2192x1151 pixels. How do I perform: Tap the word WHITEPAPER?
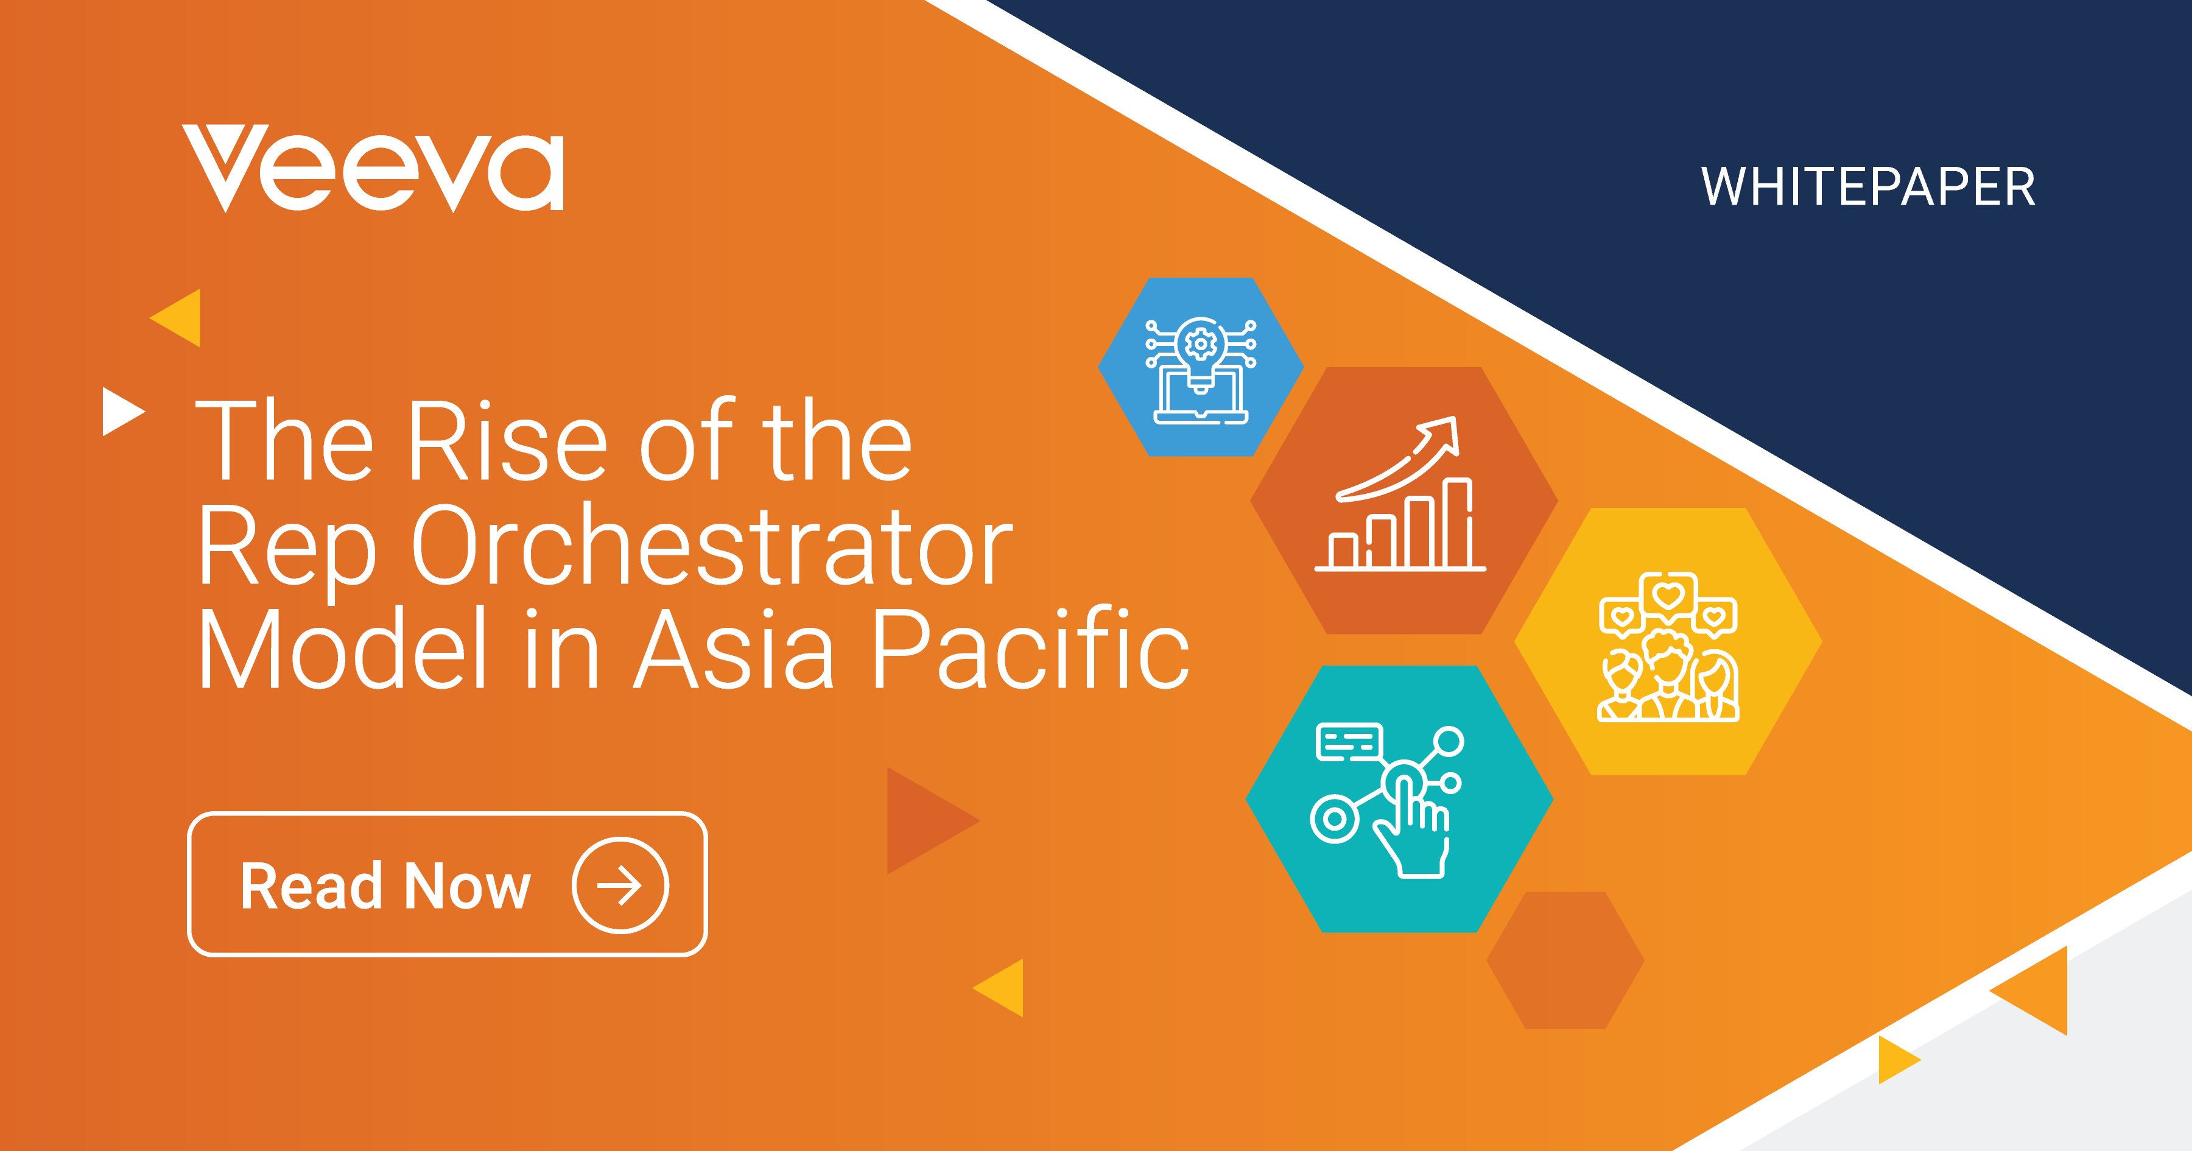1868,188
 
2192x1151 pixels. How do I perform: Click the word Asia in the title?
734,649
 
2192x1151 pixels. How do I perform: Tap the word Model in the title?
342,649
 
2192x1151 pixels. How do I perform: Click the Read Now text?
385,885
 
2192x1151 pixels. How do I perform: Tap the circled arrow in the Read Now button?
620,885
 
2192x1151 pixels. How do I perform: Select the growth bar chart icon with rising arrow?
1400,494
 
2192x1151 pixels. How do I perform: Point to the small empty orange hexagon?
1565,960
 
